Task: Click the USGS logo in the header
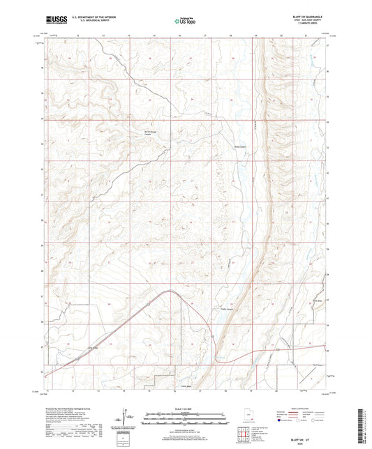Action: (x=56, y=21)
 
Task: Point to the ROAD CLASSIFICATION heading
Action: (x=297, y=408)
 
